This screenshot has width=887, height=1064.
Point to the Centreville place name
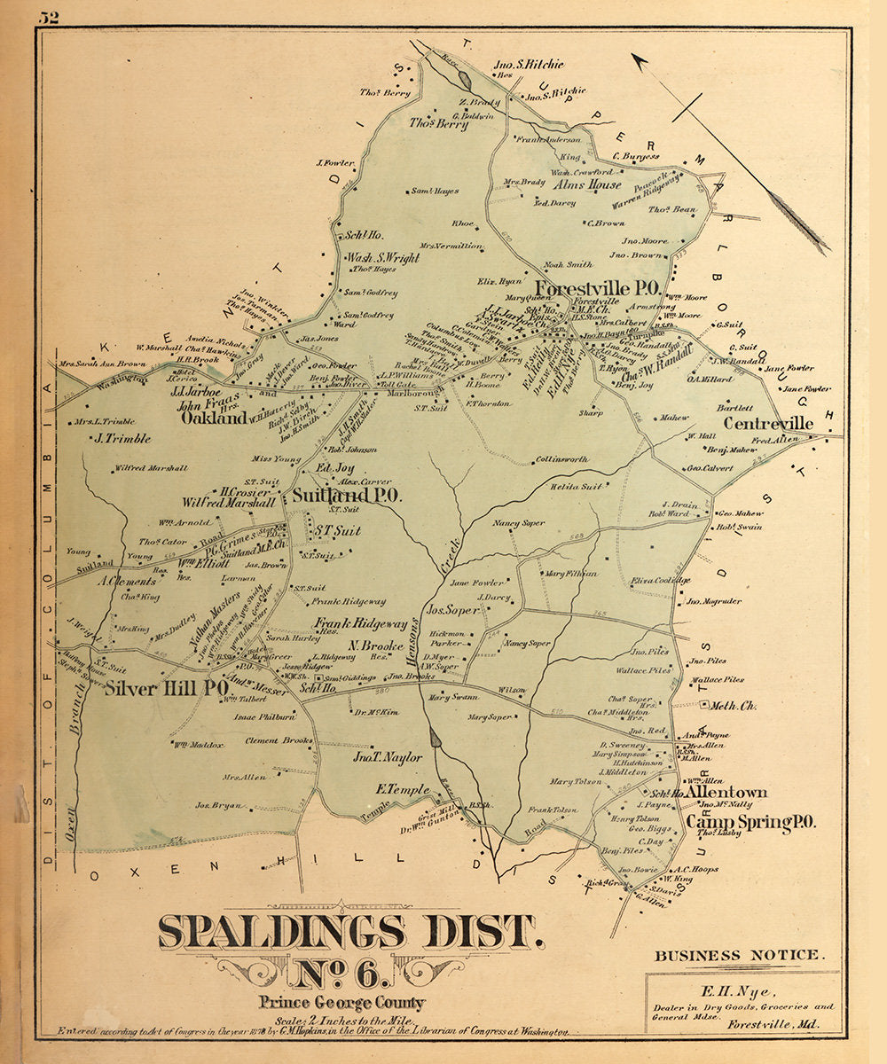pyautogui.click(x=768, y=424)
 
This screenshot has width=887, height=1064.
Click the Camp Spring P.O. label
pyautogui.click(x=750, y=823)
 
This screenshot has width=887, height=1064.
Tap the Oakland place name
pyautogui.click(x=214, y=418)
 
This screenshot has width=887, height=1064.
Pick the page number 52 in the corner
pyautogui.click(x=48, y=17)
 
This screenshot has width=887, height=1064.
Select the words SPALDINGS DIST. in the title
pyautogui.click(x=350, y=934)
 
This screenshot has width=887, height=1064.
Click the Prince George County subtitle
pyautogui.click(x=342, y=1004)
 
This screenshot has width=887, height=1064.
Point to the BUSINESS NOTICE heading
pyautogui.click(x=738, y=956)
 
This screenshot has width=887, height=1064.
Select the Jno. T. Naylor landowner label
pyautogui.click(x=388, y=758)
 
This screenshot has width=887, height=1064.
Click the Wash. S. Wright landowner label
pyautogui.click(x=382, y=258)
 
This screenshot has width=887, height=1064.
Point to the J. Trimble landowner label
pyautogui.click(x=123, y=438)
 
